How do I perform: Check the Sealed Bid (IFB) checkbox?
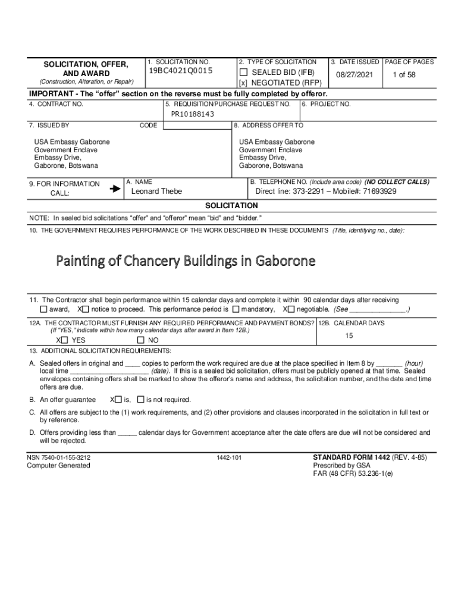[x=243, y=73]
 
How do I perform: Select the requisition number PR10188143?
[x=193, y=114]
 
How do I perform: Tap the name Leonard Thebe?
[x=156, y=192]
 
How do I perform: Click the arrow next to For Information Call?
[x=115, y=189]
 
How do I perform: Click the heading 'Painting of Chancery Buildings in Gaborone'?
[x=186, y=261]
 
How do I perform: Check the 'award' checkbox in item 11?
[x=43, y=310]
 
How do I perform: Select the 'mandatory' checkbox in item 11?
[x=237, y=310]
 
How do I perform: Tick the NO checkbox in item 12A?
[x=141, y=340]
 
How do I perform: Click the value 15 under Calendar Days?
[x=349, y=336]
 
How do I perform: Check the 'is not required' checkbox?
[x=140, y=400]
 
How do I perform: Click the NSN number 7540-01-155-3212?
[x=59, y=457]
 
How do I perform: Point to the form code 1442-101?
[x=229, y=458]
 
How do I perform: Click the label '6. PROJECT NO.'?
[x=327, y=104]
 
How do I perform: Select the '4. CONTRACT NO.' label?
[x=56, y=104]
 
